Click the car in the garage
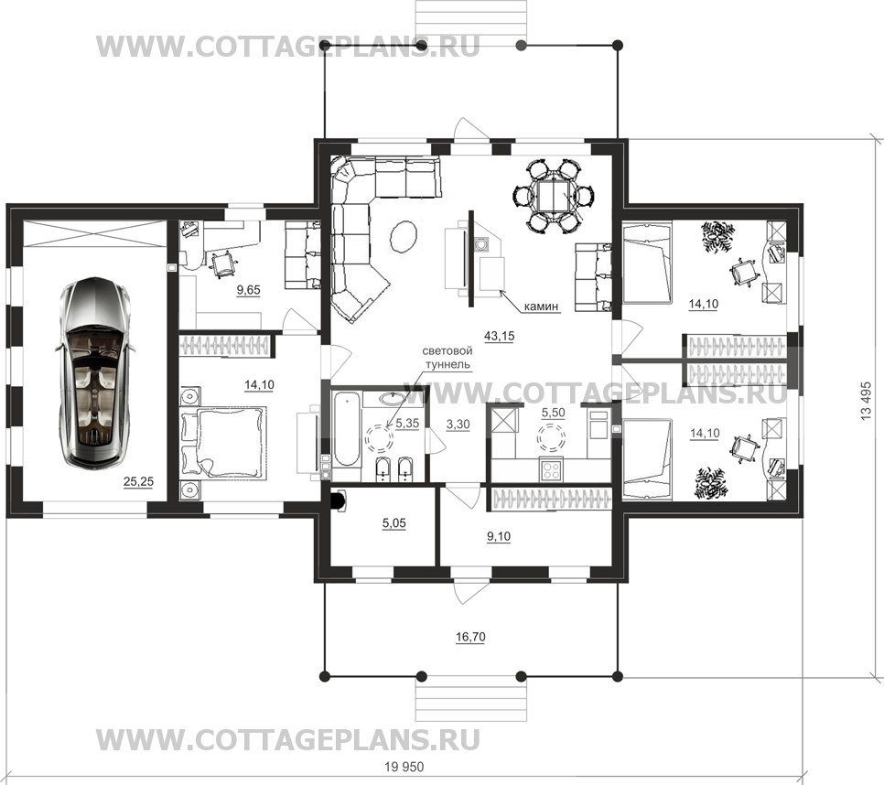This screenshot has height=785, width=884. pyautogui.click(x=95, y=372)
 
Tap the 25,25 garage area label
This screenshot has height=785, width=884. pyautogui.click(x=139, y=482)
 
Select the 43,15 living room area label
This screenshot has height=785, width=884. pyautogui.click(x=500, y=337)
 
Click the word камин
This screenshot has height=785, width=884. pyautogui.click(x=541, y=306)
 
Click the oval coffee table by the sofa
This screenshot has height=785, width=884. pyautogui.click(x=404, y=237)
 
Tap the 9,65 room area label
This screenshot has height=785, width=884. pyautogui.click(x=249, y=290)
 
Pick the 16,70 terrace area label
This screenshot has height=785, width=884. pyautogui.click(x=470, y=638)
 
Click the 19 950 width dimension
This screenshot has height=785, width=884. pyautogui.click(x=404, y=767)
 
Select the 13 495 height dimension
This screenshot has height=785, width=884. pyautogui.click(x=866, y=401)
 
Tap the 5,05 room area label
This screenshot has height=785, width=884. pyautogui.click(x=394, y=523)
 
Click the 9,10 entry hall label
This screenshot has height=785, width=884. pyautogui.click(x=499, y=536)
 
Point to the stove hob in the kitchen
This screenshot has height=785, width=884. pyautogui.click(x=551, y=470)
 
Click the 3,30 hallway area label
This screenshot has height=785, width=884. pyautogui.click(x=458, y=425)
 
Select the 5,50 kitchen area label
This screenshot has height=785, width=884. pyautogui.click(x=553, y=413)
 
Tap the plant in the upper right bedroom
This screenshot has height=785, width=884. pyautogui.click(x=717, y=237)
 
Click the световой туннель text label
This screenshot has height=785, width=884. pyautogui.click(x=447, y=358)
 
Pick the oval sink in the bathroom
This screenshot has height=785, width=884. pyautogui.click(x=392, y=399)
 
